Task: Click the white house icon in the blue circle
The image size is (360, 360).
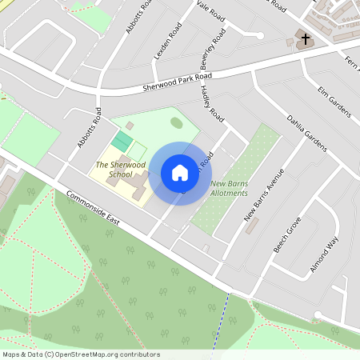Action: (x=180, y=173)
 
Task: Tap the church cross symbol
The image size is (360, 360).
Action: (x=305, y=39)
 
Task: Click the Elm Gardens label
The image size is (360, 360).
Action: (x=334, y=102)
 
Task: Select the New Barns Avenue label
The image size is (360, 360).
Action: (x=264, y=197)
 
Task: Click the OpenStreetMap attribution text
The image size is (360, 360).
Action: (x=82, y=354)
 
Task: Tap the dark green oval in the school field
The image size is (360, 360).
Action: (x=176, y=121)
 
